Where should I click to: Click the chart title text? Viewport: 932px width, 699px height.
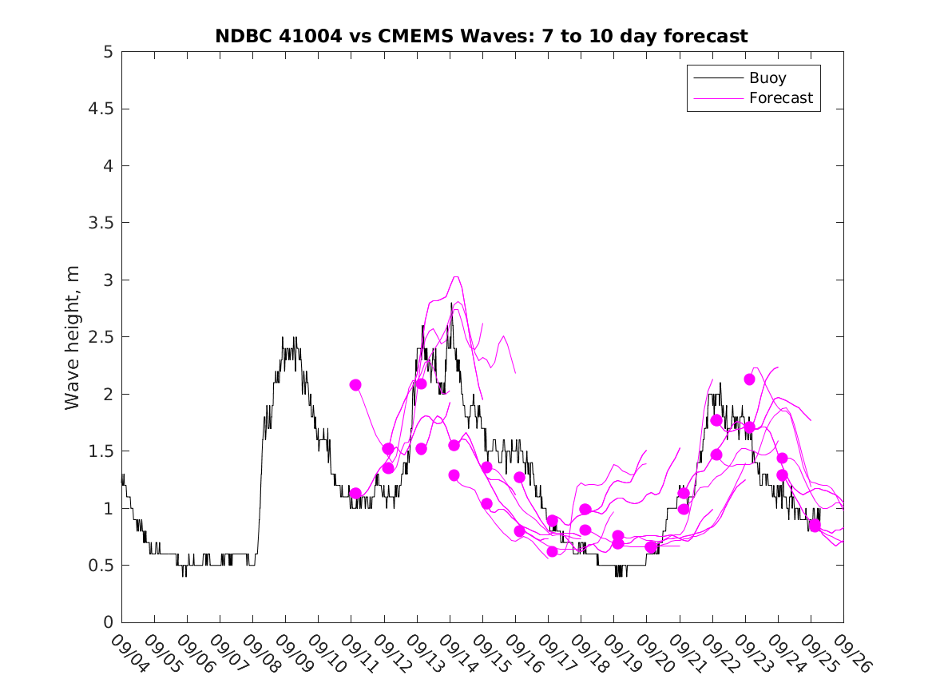pos(482,36)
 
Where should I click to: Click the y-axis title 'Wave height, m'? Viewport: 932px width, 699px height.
pos(73,337)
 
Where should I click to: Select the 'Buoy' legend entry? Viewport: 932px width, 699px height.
pos(767,77)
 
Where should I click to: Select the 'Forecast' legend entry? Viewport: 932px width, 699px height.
pos(780,98)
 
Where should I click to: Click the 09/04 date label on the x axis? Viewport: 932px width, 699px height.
pos(130,653)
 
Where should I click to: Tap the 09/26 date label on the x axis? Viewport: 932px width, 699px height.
pos(852,653)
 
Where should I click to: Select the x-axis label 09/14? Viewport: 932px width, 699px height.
pos(458,653)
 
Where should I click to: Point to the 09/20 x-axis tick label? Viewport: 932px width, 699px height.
pos(656,653)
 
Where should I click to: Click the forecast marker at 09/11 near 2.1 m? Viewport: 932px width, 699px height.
pos(355,385)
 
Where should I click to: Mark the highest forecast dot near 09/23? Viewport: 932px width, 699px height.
pos(749,379)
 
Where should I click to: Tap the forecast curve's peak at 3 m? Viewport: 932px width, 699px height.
pos(455,277)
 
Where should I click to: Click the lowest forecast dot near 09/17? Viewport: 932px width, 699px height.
pos(552,551)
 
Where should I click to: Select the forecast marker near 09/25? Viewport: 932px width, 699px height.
pos(815,526)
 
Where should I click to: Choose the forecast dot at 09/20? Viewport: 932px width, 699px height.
pos(651,546)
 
